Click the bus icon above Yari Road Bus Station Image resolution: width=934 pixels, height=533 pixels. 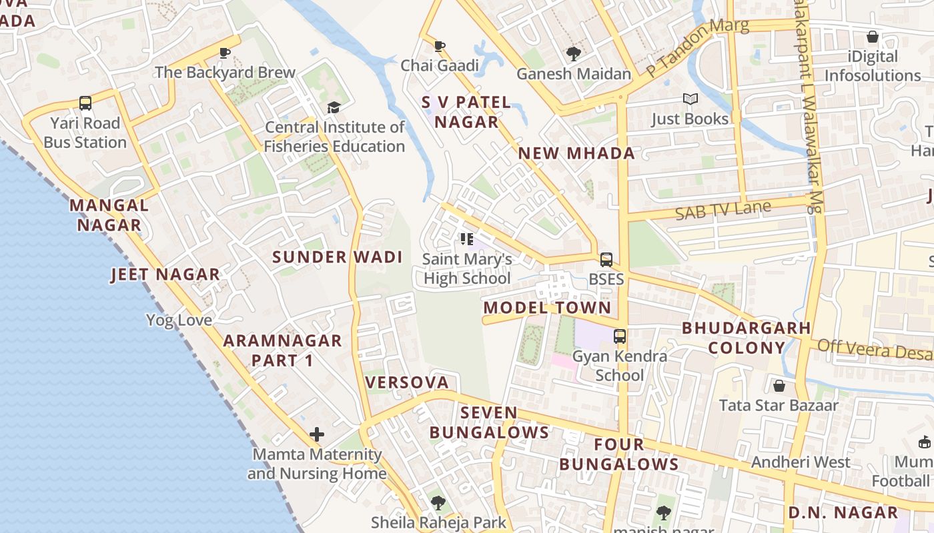[85, 103]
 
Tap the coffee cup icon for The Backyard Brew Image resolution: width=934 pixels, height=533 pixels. [225, 53]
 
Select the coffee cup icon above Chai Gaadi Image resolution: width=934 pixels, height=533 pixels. [439, 46]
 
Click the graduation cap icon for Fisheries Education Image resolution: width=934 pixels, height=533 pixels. [333, 107]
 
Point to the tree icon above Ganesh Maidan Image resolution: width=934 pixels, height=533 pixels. [572, 54]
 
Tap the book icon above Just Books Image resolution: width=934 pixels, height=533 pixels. [690, 99]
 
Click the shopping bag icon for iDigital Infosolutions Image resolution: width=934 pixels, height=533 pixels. [872, 37]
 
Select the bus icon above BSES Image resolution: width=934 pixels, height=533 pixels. [606, 259]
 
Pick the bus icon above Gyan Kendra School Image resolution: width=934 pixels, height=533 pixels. [620, 336]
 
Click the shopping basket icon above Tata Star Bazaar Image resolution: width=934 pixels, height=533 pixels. [779, 386]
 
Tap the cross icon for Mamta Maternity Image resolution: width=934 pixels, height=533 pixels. [317, 435]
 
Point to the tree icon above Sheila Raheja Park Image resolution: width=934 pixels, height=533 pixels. [438, 503]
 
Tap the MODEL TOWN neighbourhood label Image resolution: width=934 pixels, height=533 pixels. [547, 308]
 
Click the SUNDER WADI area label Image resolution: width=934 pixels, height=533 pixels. [337, 257]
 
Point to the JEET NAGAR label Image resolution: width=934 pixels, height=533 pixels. [165, 274]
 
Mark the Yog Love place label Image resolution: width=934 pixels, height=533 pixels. [179, 320]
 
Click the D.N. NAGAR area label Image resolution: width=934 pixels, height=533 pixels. [843, 513]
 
